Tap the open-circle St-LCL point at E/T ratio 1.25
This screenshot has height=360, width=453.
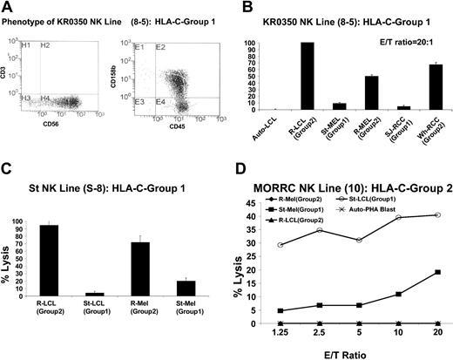click(x=279, y=245)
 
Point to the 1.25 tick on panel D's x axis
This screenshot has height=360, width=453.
click(x=279, y=333)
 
